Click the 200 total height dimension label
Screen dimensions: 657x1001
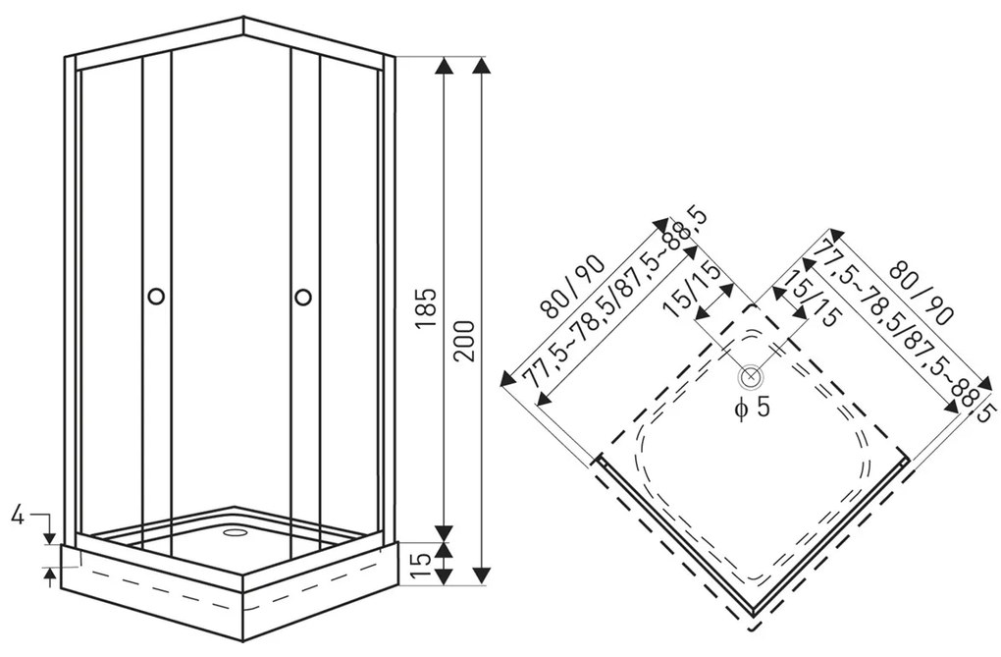tap(465, 339)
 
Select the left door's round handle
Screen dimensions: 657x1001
tap(156, 296)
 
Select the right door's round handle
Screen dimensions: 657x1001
tap(303, 296)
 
